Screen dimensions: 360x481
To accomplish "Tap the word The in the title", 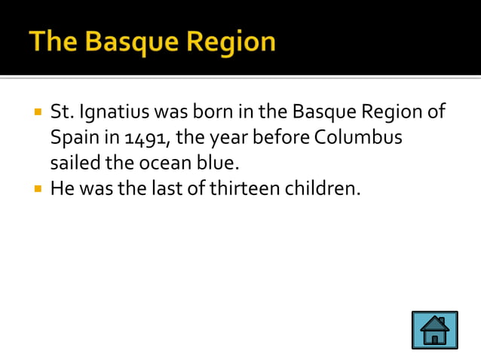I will coord(51,41).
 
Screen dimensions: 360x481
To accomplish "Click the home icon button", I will coord(434,330).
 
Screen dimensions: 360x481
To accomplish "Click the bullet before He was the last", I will coord(37,188).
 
